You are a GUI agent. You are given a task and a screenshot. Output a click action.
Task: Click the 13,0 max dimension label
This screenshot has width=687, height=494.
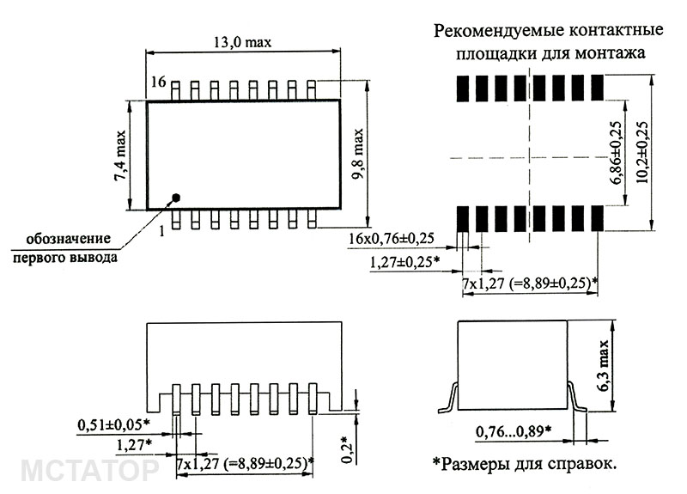[242, 42]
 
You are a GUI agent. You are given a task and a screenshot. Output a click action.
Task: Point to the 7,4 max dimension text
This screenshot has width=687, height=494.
[119, 156]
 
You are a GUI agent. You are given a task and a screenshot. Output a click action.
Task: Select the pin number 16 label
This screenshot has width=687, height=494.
[159, 82]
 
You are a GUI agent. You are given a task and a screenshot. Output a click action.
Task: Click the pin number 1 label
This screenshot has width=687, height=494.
[162, 230]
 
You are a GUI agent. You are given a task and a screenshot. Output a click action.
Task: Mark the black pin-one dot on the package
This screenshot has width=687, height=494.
[176, 198]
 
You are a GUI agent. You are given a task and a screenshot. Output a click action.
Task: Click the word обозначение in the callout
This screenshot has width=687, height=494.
[69, 240]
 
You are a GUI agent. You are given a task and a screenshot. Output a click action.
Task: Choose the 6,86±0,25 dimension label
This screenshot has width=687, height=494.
[616, 153]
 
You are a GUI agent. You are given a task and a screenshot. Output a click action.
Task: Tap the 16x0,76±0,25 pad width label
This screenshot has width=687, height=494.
[392, 239]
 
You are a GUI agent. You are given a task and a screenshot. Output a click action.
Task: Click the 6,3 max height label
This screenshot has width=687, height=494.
[604, 366]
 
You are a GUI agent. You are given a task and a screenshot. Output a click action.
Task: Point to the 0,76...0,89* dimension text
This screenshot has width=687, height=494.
[514, 432]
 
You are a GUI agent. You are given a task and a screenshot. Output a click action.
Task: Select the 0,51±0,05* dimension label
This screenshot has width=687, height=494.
[114, 424]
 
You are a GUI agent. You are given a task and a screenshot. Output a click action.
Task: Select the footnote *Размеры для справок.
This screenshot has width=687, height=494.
[525, 463]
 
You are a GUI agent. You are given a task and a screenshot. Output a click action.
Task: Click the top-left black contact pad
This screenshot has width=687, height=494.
[463, 88]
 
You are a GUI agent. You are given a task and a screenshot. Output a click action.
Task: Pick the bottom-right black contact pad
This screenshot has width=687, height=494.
[597, 218]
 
